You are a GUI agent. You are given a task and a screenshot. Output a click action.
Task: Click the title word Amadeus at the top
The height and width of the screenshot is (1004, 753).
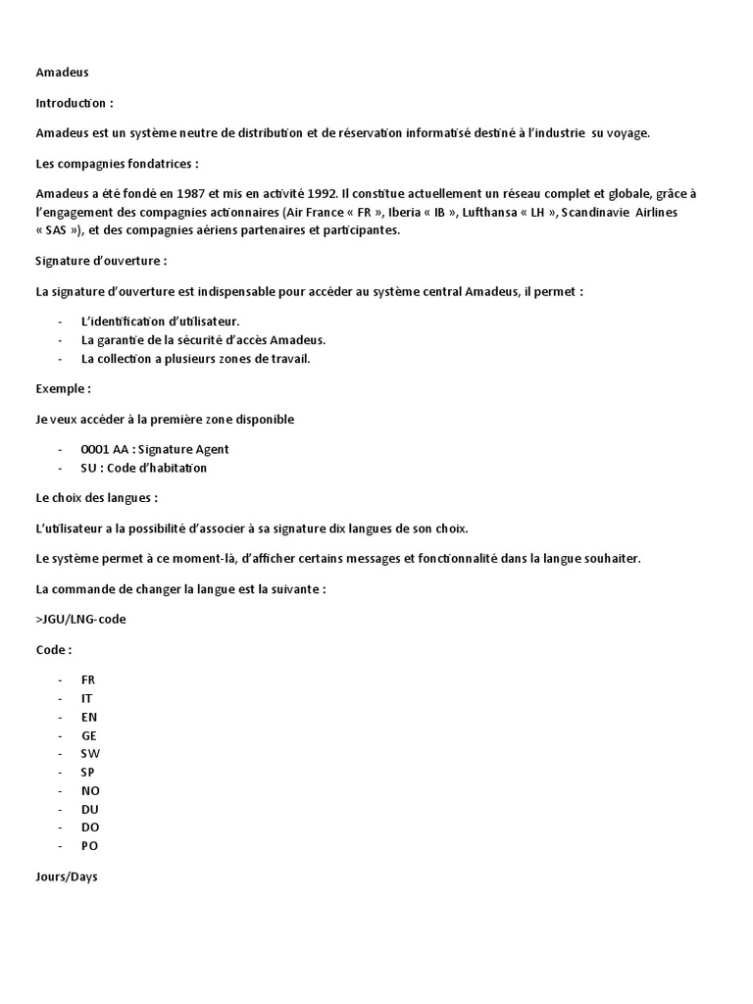tap(62, 72)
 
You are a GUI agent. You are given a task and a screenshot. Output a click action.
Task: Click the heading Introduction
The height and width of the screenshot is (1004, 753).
tap(74, 102)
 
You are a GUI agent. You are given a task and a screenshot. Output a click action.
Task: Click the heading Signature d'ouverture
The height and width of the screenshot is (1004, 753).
tap(100, 261)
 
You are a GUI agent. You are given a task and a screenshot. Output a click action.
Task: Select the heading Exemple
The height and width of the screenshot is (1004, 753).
tap(63, 388)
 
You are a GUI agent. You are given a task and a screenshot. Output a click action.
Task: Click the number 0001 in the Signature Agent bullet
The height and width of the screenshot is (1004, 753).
tap(96, 449)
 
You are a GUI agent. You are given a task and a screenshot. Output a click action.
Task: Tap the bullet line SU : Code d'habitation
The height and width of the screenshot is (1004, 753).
tap(144, 468)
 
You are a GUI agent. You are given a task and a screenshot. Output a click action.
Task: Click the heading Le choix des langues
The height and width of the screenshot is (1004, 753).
tap(96, 498)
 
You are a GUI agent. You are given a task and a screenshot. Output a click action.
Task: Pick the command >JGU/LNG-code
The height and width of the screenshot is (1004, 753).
tap(80, 620)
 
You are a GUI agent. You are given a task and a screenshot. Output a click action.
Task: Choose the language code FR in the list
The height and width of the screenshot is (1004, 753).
tap(88, 679)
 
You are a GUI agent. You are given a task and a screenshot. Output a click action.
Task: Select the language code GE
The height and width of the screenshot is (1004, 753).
tap(89, 735)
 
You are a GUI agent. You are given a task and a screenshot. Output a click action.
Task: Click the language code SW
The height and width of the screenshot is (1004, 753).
tap(90, 753)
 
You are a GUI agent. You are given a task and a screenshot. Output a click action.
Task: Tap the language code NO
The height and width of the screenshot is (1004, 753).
tap(90, 790)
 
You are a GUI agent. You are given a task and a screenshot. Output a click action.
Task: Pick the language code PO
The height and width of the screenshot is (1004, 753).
tap(89, 845)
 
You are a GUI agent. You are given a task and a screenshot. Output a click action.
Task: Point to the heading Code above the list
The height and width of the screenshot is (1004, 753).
tap(53, 650)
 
